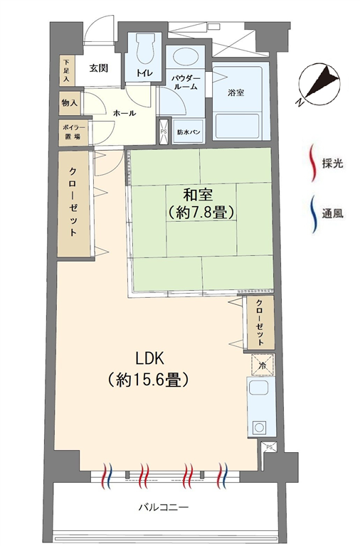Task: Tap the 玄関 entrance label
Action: coord(99,68)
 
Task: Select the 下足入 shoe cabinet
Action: coord(67,70)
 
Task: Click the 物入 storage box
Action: coord(70,103)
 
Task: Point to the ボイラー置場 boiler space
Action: coord(73,132)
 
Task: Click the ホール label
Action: coord(125,113)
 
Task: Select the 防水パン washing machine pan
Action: coord(189,132)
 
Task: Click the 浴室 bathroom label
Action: coord(236,92)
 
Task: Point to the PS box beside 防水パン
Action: coord(164,132)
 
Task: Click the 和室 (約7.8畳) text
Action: coord(199,204)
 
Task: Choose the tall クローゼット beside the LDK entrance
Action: coord(73,205)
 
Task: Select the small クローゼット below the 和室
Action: coord(260,323)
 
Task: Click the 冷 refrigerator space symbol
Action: coord(263,365)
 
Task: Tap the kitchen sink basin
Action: coord(258,387)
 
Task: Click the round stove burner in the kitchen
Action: coord(259,427)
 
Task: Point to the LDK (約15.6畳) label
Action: coord(149,370)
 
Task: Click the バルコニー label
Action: coord(164,507)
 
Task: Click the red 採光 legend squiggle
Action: coord(313,162)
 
